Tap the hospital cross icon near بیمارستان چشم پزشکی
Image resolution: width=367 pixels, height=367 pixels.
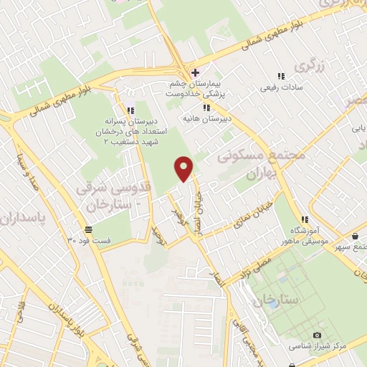coord(194,72)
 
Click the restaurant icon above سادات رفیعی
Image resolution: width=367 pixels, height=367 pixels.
coord(280,76)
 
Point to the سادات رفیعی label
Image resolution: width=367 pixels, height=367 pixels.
coord(280,87)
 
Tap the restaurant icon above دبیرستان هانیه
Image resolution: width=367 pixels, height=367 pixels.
coord(206,108)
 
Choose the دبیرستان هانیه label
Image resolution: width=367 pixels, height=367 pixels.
coord(200,118)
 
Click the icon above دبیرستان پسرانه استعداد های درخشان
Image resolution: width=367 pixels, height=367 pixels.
coord(130,110)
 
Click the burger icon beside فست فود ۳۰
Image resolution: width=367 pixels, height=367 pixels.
coord(87,229)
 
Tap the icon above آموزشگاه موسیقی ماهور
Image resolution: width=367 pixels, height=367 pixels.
coord(305,219)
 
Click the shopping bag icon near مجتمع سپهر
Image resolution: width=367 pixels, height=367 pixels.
coord(355,237)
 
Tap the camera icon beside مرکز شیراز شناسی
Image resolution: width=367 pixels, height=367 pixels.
coord(318,335)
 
